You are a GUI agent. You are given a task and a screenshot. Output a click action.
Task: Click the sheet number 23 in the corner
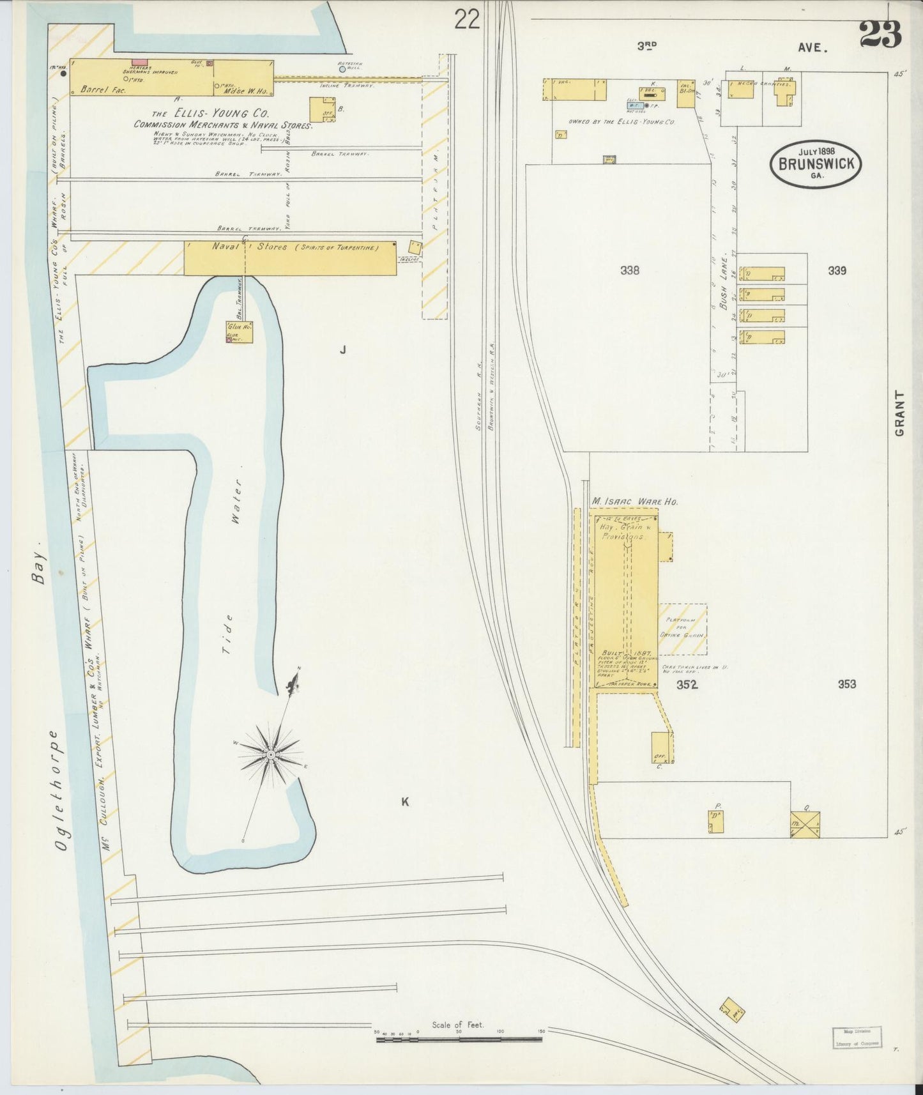880,34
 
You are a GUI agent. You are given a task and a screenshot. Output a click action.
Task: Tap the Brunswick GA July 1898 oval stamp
816,164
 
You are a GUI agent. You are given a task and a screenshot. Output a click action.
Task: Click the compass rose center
271,755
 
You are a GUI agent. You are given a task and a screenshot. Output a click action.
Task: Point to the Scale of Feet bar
459,1039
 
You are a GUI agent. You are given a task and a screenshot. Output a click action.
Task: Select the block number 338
630,270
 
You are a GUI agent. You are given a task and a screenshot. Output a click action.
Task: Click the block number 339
837,270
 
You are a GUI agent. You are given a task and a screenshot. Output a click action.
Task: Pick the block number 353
846,684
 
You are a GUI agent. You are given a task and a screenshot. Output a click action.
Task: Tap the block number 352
687,685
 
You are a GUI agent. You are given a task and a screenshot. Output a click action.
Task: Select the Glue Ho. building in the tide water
239,332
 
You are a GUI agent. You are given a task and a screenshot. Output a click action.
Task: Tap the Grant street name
900,413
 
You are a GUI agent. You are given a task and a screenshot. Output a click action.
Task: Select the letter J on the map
343,349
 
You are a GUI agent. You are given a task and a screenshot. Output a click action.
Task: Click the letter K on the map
404,802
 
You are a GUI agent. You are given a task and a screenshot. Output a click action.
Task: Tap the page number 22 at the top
467,20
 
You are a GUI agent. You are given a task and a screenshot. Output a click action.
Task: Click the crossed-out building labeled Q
805,824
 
